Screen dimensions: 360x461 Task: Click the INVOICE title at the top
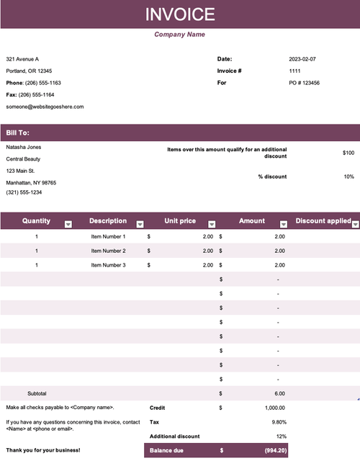point(180,14)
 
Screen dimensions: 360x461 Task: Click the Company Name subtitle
point(180,35)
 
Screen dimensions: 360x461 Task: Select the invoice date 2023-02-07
point(302,58)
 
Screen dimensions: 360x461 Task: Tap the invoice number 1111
point(294,71)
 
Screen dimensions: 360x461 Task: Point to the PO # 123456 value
point(304,83)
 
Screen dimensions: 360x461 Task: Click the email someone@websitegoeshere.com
point(45,107)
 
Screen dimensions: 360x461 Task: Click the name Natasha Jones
point(24,147)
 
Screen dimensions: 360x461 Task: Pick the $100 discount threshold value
point(348,153)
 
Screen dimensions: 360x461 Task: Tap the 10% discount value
point(348,176)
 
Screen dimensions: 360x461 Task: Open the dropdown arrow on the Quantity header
point(68,224)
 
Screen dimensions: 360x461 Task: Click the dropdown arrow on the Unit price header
point(212,224)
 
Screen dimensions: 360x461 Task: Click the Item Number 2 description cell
point(108,251)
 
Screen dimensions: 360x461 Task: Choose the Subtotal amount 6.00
point(280,394)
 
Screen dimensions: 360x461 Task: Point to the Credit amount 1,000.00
point(274,408)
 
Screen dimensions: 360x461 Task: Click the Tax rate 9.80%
point(278,421)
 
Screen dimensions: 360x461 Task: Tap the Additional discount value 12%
point(281,436)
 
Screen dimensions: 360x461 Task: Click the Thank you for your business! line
point(43,451)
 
